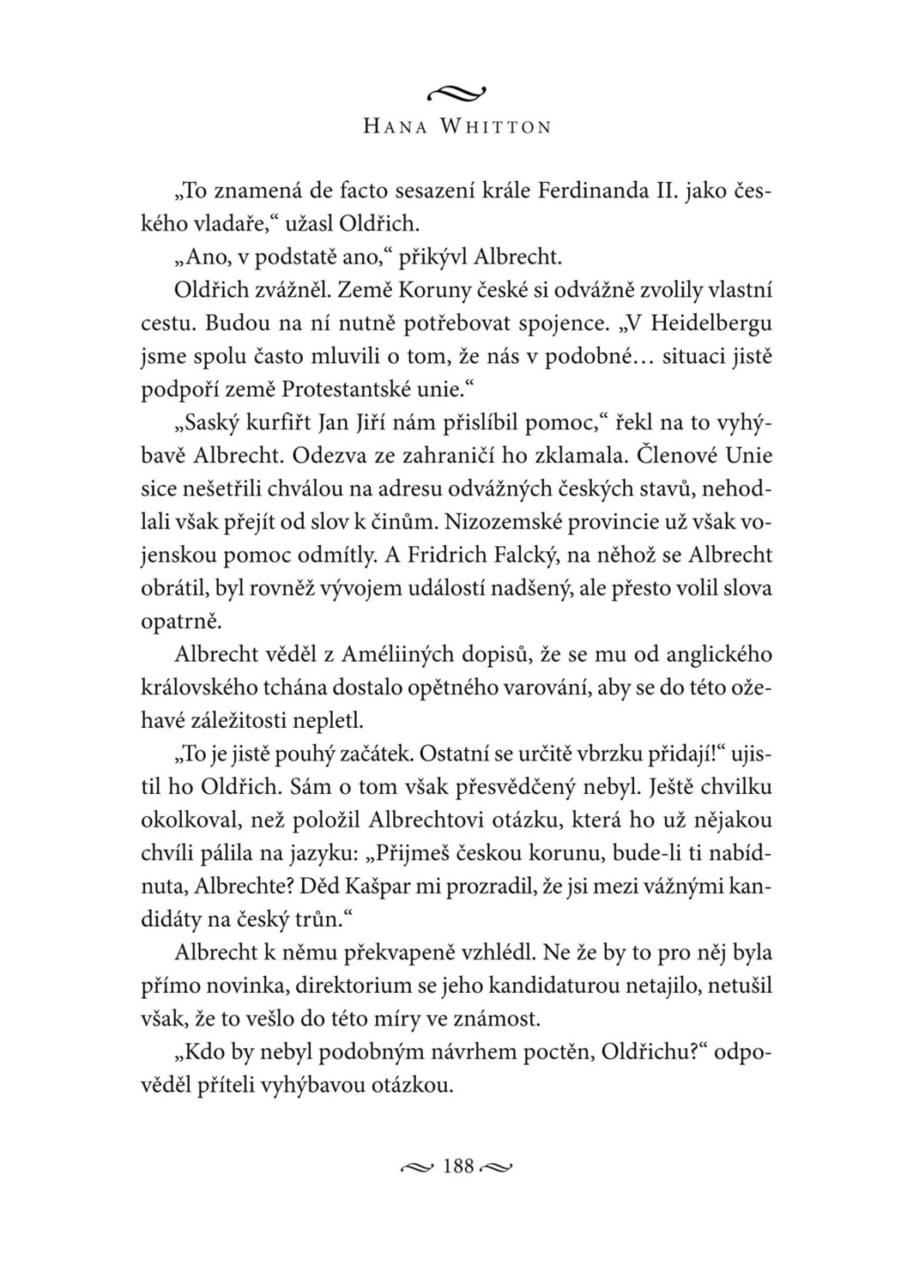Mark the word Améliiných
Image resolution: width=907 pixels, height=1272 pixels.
364,654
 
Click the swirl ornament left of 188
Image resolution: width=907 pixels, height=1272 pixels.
414,1168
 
